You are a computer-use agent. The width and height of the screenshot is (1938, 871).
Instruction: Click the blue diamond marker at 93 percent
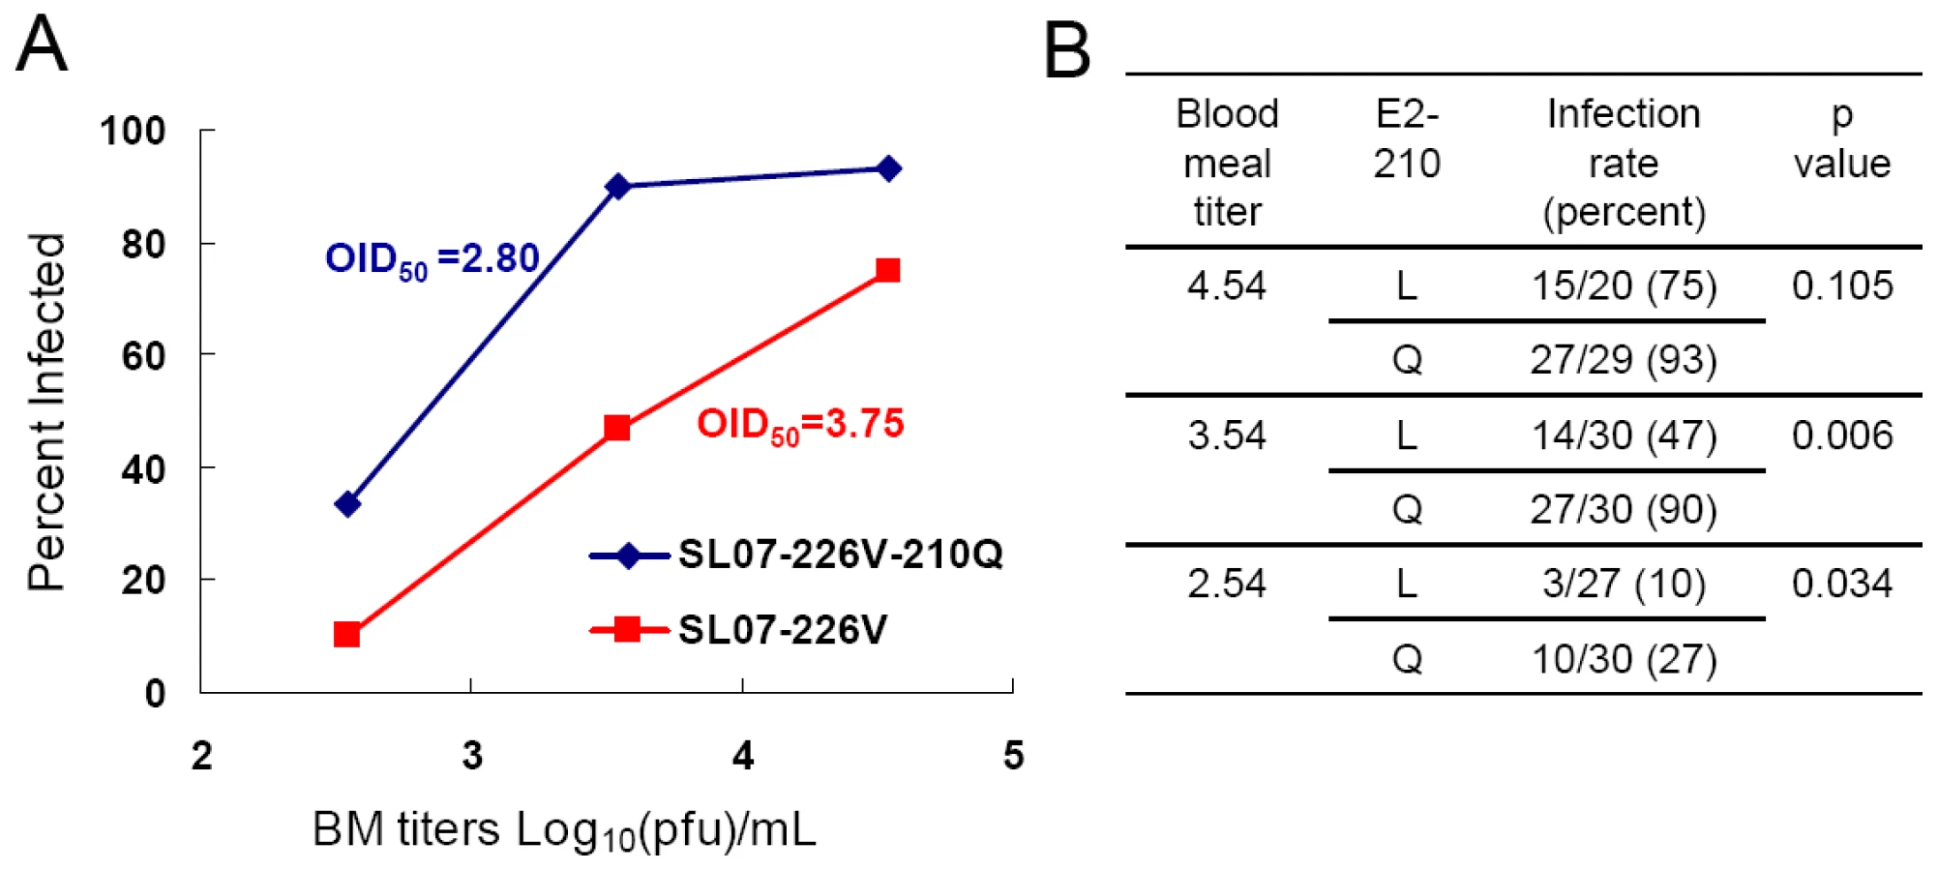click(x=888, y=169)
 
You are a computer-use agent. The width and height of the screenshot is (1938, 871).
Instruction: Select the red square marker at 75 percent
click(x=887, y=270)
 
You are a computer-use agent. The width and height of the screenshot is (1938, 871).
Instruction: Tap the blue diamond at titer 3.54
click(x=617, y=186)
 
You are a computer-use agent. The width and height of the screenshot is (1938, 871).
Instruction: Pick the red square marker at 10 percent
click(x=346, y=635)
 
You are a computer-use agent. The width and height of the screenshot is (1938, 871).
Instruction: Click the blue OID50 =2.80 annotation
click(x=432, y=259)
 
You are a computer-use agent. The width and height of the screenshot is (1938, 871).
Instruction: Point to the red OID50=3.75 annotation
click(x=800, y=425)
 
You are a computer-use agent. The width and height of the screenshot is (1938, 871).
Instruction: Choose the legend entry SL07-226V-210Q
click(x=796, y=555)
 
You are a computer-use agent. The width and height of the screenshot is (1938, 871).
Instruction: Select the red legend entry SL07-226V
click(x=738, y=630)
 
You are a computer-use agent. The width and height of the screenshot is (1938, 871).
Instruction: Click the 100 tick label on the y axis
click(x=133, y=131)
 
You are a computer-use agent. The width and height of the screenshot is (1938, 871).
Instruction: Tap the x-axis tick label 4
click(x=742, y=755)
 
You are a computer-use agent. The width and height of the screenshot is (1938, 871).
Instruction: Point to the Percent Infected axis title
click(x=46, y=411)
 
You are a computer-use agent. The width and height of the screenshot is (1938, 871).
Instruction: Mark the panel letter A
click(x=43, y=44)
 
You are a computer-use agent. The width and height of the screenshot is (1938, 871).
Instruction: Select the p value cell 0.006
click(x=1841, y=435)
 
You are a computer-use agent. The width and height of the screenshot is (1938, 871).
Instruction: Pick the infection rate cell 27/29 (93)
click(x=1624, y=360)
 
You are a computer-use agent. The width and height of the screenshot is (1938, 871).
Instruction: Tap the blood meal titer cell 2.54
click(x=1227, y=584)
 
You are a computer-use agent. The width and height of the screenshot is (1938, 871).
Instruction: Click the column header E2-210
click(x=1407, y=138)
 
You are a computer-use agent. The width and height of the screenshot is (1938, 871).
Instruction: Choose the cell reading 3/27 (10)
click(x=1624, y=585)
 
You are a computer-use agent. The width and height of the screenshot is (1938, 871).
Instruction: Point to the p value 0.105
click(x=1841, y=285)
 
